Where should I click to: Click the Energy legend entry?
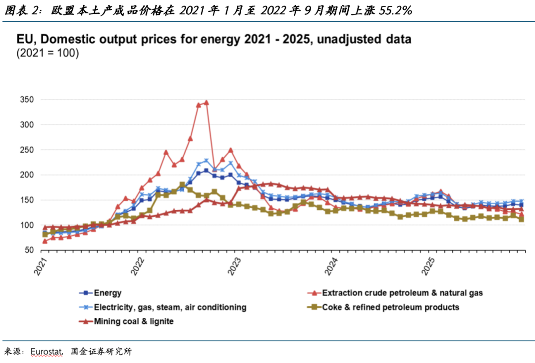pyautogui.click(x=108, y=293)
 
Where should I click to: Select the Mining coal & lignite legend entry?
pyautogui.click(x=134, y=321)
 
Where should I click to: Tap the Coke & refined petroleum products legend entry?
pyautogui.click(x=390, y=307)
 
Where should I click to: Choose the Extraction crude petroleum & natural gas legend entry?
pyautogui.click(x=402, y=293)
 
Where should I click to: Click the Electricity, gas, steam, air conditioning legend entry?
pyautogui.click(x=170, y=307)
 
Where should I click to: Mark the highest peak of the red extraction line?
pyautogui.click(x=206, y=103)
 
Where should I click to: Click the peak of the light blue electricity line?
pyautogui.click(x=207, y=161)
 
